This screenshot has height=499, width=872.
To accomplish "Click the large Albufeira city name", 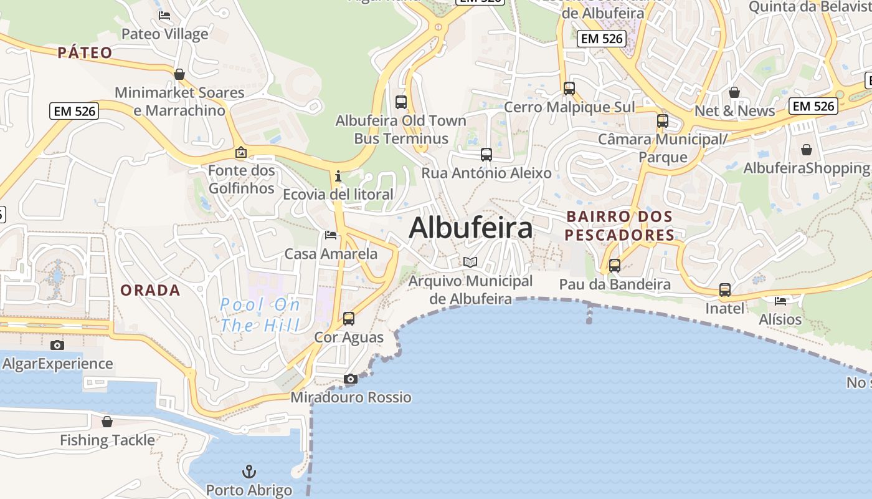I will (471, 228).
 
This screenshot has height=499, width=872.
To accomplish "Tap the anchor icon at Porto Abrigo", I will (249, 471).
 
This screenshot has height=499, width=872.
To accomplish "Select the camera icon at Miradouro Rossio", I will (351, 379).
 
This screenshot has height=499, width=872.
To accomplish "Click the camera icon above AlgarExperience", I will (57, 345).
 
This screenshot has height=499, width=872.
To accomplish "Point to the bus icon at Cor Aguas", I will (349, 319).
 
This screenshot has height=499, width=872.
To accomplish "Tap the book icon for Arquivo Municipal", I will (470, 263).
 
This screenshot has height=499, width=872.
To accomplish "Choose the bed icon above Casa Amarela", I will (331, 235).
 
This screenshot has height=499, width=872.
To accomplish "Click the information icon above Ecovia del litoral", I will (338, 176).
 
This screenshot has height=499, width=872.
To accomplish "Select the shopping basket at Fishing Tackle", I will (107, 422).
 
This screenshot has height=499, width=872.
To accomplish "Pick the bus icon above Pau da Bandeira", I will (615, 266).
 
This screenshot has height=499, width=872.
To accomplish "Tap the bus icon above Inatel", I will (725, 290).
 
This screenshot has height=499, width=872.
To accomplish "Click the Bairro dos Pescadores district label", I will (620, 226).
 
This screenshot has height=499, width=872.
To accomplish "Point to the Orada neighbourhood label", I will (150, 291).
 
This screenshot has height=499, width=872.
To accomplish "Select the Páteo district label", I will (85, 53).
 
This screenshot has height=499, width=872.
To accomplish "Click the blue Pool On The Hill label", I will (260, 315).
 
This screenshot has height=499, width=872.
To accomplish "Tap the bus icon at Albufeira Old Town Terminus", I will (401, 102).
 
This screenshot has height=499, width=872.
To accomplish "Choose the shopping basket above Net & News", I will (734, 92).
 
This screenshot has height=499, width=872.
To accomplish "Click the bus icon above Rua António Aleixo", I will (486, 154).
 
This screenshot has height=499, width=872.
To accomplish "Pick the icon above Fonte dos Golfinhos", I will (241, 152).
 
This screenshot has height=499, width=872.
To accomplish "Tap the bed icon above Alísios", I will (780, 301).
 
